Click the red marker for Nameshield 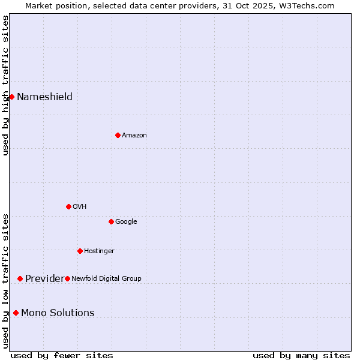click(11, 97)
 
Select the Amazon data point click(118, 135)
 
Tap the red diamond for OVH click(68, 206)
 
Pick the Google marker click(111, 221)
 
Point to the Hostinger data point click(80, 251)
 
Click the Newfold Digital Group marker click(67, 278)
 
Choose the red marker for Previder click(20, 278)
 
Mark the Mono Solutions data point click(16, 313)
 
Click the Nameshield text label click(44, 97)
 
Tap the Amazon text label click(134, 136)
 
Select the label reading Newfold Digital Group click(106, 278)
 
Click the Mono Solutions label click(58, 313)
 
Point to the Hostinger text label click(99, 251)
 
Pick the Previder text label click(44, 279)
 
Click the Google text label click(126, 222)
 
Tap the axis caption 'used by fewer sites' click(62, 355)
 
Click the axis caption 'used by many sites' click(301, 355)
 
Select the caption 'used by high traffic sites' click(5, 85)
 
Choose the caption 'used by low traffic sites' click(5, 280)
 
